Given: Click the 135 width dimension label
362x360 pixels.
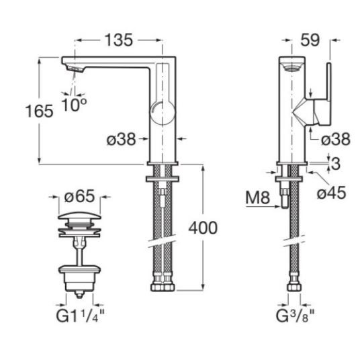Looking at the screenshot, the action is click(119, 40).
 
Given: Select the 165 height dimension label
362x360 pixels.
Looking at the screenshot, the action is click(39, 111).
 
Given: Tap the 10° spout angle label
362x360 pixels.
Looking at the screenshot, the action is click(74, 105).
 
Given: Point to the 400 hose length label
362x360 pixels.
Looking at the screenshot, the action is click(203, 228).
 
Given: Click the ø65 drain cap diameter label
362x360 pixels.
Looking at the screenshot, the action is click(79, 197).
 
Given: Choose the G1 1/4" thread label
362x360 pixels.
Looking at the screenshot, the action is click(80, 316).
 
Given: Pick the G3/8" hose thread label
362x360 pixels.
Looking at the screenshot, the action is click(295, 316).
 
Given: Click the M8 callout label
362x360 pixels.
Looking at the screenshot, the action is click(258, 197).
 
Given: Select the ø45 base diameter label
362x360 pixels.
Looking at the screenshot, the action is click(331, 193).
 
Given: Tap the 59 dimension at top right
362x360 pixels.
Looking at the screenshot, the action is click(310, 40).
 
